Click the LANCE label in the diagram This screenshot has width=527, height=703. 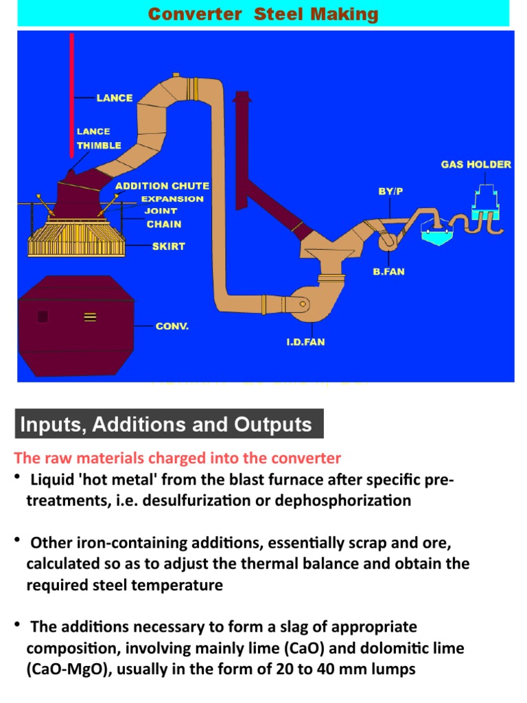(114, 98)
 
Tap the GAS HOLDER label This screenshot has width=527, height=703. (476, 165)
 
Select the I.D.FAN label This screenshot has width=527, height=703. (305, 342)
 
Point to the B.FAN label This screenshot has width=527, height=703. (388, 272)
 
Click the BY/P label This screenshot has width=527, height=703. (390, 192)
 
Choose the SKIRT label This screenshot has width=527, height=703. (168, 246)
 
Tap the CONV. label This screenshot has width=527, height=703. (172, 326)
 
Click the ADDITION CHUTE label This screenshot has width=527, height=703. (162, 186)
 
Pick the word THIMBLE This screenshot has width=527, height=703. (99, 146)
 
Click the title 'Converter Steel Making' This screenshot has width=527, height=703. (263, 14)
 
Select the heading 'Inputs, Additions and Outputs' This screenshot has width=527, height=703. (166, 424)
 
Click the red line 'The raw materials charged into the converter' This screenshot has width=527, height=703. (177, 458)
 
